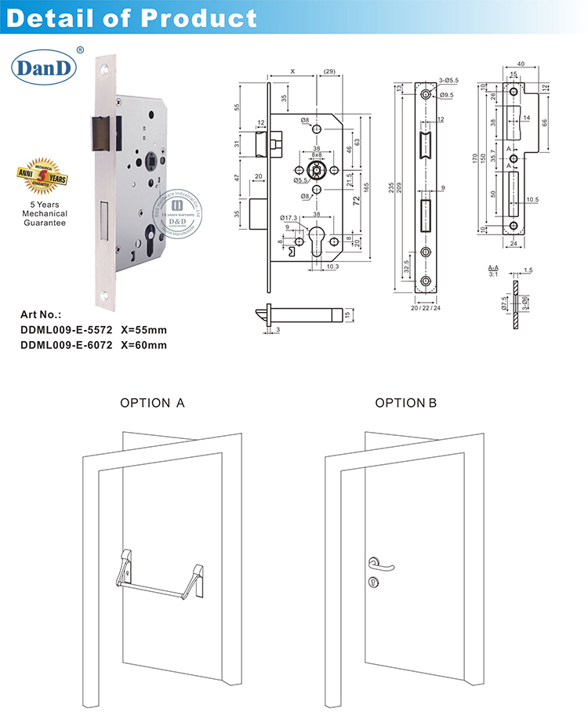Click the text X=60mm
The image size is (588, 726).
pyautogui.click(x=143, y=344)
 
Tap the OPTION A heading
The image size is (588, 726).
pyautogui.click(x=152, y=403)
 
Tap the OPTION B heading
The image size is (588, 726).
pyautogui.click(x=405, y=403)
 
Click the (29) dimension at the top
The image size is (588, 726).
pyautogui.click(x=329, y=71)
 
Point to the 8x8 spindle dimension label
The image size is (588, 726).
pyautogui.click(x=316, y=155)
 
